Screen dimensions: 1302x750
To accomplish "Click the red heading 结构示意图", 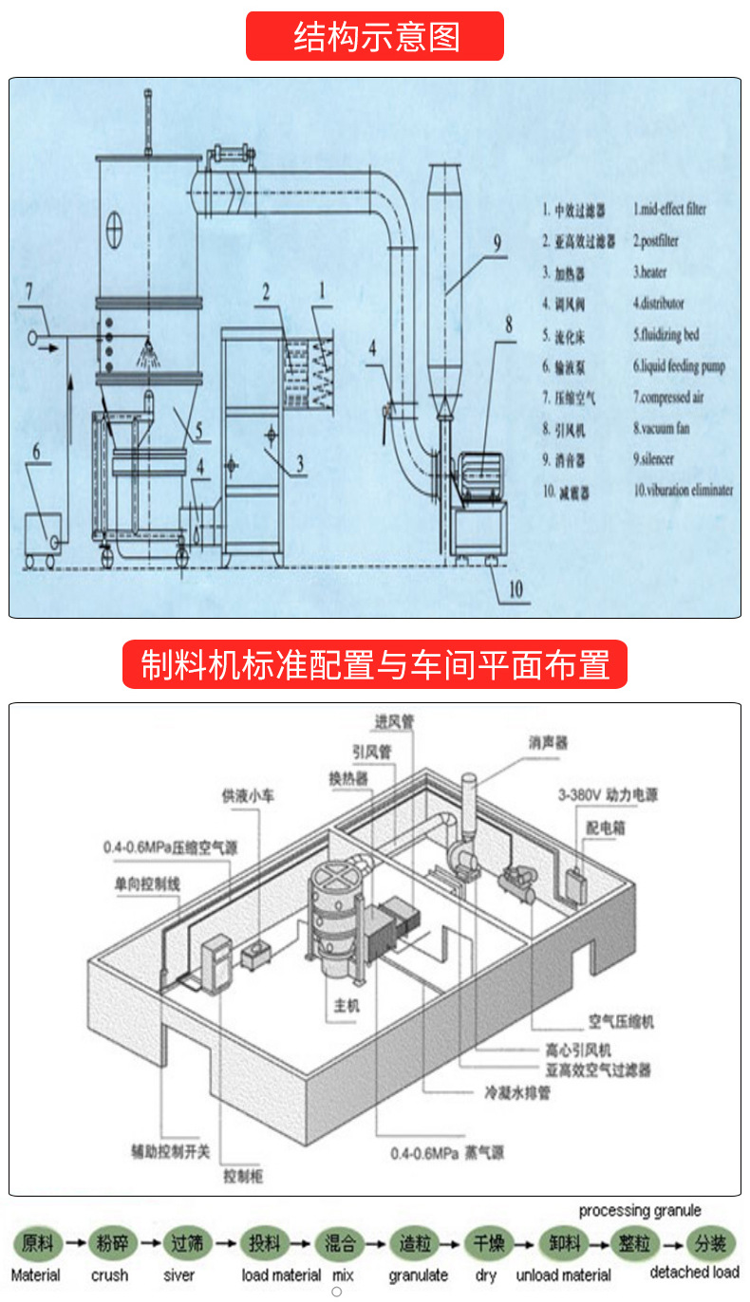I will click(x=375, y=36).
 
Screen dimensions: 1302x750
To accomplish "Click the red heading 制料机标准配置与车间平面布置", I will click(x=375, y=664).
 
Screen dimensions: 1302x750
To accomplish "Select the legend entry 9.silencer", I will click(x=661, y=459).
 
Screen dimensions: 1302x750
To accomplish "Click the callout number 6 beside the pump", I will click(x=37, y=451).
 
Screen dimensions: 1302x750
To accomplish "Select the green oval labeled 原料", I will click(x=38, y=1242).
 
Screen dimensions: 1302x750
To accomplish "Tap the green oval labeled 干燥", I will click(x=488, y=1242).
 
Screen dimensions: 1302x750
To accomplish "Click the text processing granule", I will click(x=640, y=1210).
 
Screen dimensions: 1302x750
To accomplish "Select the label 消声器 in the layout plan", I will click(x=548, y=743).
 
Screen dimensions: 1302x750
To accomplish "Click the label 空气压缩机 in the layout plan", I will click(x=621, y=1022).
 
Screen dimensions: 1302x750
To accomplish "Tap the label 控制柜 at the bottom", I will click(x=243, y=1177).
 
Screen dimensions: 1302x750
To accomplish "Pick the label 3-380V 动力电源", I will click(x=621, y=795).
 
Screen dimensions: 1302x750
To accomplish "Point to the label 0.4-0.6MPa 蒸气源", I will click(x=447, y=1154).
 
